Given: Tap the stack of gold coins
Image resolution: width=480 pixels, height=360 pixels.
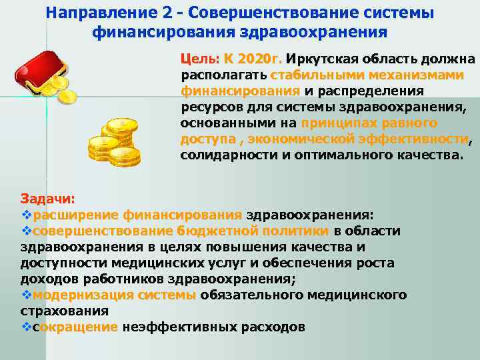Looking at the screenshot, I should (x=115, y=141).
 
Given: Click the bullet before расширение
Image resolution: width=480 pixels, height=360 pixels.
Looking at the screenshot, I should (x=26, y=215).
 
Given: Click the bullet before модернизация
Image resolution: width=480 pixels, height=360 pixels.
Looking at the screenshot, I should (x=26, y=295).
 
